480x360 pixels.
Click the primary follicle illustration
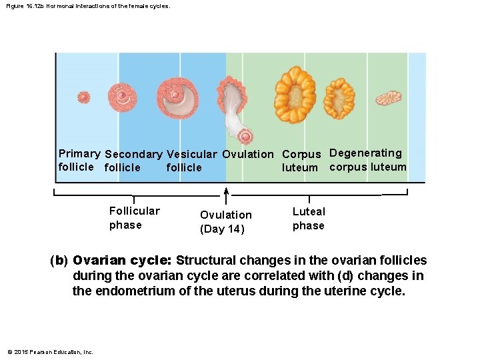pyautogui.click(x=83, y=97)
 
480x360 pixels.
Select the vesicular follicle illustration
pyautogui.click(x=177, y=97)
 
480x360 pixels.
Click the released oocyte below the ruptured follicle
pyautogui.click(x=245, y=137)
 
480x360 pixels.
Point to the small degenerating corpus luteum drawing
pyautogui.click(x=388, y=99)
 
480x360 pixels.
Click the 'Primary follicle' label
pyautogui.click(x=79, y=160)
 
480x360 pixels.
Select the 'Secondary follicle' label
pyautogui.click(x=133, y=161)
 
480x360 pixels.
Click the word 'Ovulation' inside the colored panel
pyautogui.click(x=247, y=154)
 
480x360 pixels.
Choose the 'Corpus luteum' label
pyautogui.click(x=301, y=161)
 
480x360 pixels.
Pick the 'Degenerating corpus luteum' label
pyautogui.click(x=367, y=160)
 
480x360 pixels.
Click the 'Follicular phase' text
pyautogui.click(x=134, y=218)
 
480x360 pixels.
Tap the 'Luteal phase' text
pyautogui.click(x=309, y=219)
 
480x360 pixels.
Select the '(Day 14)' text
pyautogui.click(x=222, y=229)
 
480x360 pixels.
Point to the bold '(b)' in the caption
pyautogui.click(x=59, y=260)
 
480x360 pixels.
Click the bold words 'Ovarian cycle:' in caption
pyautogui.click(x=122, y=260)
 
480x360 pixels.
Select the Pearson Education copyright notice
pyautogui.click(x=50, y=352)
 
